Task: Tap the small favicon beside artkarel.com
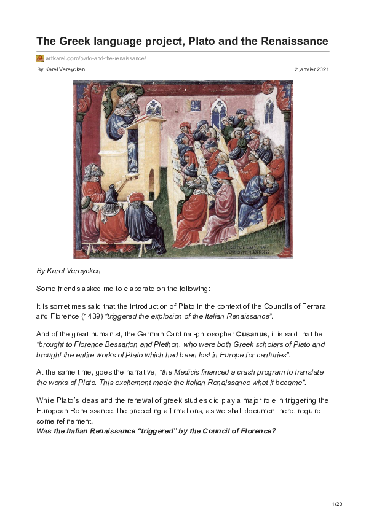coord(40,58)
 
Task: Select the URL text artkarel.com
coord(59,58)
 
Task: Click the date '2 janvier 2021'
coord(312,69)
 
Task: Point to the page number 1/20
coord(336,504)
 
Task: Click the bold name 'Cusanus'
coord(252,333)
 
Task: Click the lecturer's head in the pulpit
coord(121,100)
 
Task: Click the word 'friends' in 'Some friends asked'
coord(77,288)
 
